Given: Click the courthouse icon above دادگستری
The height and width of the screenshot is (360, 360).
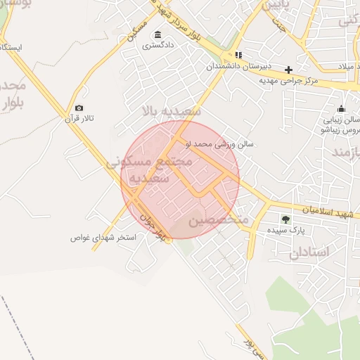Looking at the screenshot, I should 157,35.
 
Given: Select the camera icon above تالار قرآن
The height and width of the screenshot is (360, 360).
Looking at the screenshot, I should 79,108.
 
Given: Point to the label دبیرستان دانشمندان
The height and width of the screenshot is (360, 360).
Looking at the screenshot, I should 238,65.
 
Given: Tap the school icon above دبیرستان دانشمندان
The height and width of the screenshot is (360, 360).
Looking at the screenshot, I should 238,55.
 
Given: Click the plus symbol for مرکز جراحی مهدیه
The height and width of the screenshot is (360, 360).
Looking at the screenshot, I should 288,70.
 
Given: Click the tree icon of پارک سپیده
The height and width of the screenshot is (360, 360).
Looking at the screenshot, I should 285,219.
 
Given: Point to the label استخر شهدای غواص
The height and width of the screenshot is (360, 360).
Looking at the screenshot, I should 103,237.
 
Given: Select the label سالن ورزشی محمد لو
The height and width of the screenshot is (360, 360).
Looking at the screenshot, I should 219,144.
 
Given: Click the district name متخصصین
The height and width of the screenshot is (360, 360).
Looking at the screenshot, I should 219,220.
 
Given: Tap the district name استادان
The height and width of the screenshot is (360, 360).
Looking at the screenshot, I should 309,252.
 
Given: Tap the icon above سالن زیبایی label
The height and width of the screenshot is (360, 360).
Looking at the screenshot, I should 341,108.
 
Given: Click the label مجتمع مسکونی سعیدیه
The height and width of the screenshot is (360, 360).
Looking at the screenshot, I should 149,169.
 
